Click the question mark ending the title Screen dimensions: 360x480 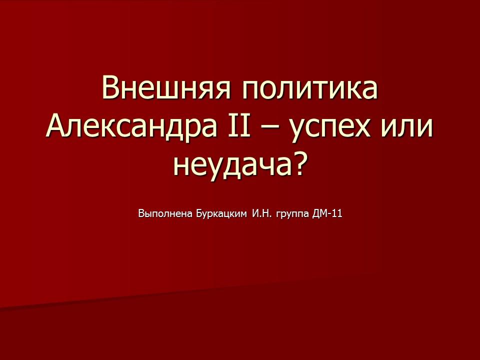[298, 164]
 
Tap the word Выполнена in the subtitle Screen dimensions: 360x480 [163, 214]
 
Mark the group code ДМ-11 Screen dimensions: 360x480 [327, 214]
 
